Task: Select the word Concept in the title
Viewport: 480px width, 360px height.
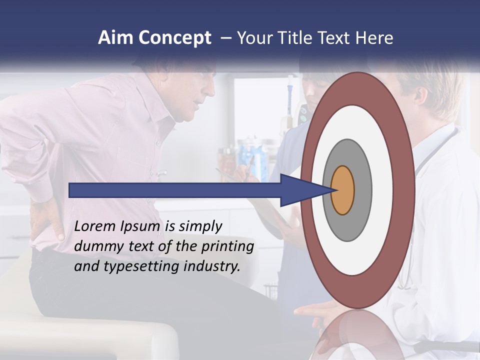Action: coord(174,38)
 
